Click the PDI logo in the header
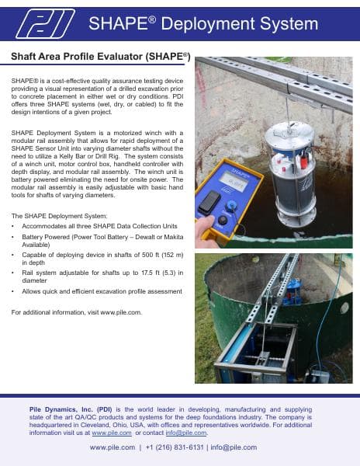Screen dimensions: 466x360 47,24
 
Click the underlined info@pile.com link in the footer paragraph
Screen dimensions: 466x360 189,433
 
